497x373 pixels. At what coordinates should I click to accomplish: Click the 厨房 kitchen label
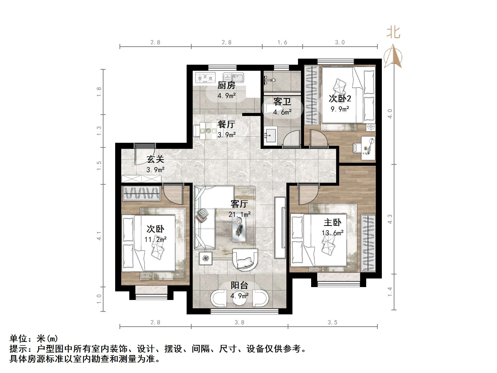click(x=226, y=85)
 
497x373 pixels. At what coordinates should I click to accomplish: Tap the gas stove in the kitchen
click(x=205, y=78)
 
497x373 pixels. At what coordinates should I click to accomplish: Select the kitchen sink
click(x=233, y=77)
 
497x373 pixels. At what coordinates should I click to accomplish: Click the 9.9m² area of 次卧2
click(x=340, y=109)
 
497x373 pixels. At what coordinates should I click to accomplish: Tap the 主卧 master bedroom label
click(x=332, y=222)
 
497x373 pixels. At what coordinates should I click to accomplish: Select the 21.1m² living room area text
click(x=239, y=215)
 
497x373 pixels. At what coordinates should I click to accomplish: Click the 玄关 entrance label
click(x=155, y=159)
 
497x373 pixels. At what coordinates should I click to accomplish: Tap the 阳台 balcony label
click(x=239, y=285)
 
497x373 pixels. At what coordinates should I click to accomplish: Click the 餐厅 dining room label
click(x=226, y=124)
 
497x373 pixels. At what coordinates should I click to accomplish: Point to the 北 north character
click(x=393, y=33)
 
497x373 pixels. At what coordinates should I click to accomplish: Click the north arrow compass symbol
click(x=393, y=56)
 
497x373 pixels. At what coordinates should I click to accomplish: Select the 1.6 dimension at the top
click(x=282, y=42)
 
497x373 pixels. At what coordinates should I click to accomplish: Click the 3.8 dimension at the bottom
click(x=239, y=322)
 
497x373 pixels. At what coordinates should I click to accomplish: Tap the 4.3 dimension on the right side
click(x=390, y=219)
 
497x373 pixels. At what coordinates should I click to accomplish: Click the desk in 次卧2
click(x=368, y=148)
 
